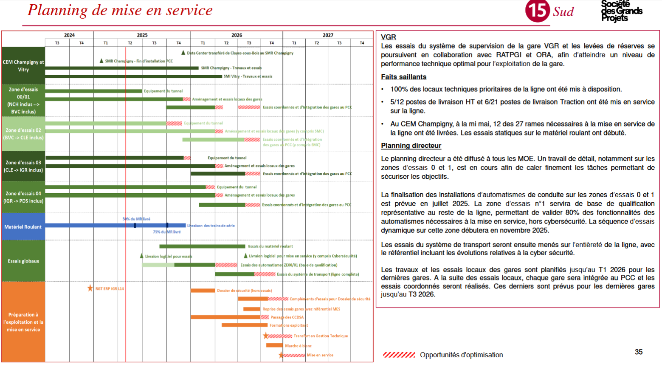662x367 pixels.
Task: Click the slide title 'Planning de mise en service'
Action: coord(120,10)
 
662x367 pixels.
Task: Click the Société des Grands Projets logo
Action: coord(621,11)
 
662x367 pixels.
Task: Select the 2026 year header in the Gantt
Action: coord(237,35)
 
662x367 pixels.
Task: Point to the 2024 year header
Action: coord(69,35)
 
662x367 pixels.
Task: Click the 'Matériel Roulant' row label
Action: coord(23,227)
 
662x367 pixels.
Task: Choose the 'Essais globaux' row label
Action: coord(23,261)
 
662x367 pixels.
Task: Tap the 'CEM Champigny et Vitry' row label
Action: coord(23,65)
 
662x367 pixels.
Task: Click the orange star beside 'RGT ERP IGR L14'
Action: coord(90,288)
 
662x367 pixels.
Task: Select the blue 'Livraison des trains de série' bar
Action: coord(115,225)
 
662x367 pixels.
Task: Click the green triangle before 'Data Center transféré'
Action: coord(183,53)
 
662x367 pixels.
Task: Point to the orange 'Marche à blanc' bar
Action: coord(274,345)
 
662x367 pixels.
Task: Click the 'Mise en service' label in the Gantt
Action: coord(320,355)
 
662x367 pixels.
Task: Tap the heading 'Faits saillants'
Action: coord(403,77)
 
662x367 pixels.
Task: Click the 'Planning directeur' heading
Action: coord(411,146)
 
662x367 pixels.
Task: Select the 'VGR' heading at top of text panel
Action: coord(388,37)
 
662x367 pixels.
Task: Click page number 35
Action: coord(638,352)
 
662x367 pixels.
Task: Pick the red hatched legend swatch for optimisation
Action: coord(399,355)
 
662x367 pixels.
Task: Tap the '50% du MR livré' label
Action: coord(136,219)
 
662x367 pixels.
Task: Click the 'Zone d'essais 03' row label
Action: coord(23,166)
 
